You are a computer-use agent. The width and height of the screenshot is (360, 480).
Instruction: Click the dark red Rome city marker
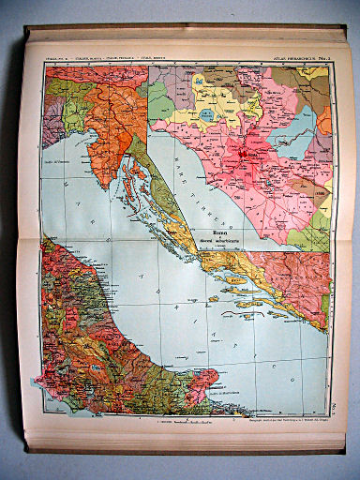246,148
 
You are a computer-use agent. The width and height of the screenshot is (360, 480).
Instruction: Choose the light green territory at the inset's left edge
157,98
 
